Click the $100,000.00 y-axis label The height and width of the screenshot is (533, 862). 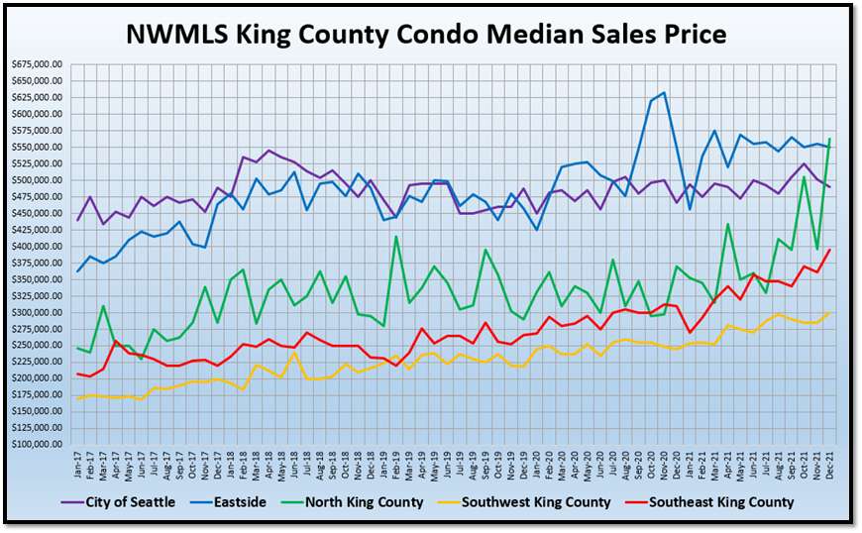point(37,444)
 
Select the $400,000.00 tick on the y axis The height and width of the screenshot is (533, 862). point(37,246)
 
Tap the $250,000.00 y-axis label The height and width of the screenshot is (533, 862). point(37,345)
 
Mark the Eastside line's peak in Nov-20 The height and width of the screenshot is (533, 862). point(664,93)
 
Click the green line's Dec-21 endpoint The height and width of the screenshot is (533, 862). point(829,139)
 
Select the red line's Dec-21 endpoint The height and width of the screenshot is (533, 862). point(829,250)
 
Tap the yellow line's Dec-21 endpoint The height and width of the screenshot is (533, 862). point(829,313)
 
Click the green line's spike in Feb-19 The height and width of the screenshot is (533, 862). point(396,236)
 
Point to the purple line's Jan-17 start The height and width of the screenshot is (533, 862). point(79,220)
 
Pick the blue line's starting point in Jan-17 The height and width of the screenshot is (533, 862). point(79,271)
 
